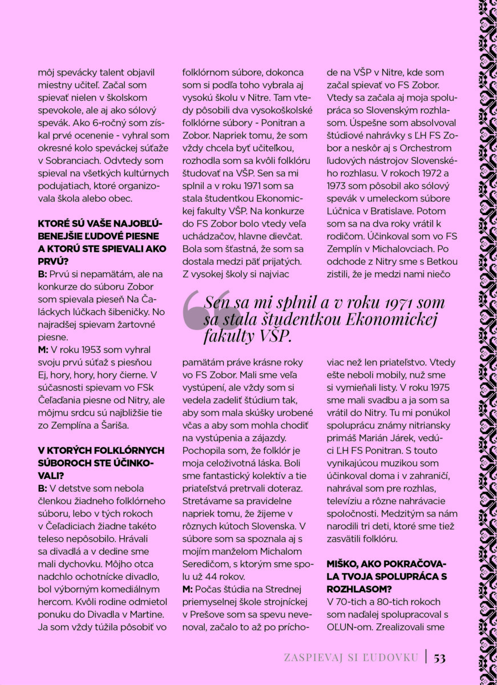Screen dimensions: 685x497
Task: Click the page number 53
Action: click(439, 658)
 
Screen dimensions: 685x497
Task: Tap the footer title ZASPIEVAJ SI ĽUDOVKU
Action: click(351, 658)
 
